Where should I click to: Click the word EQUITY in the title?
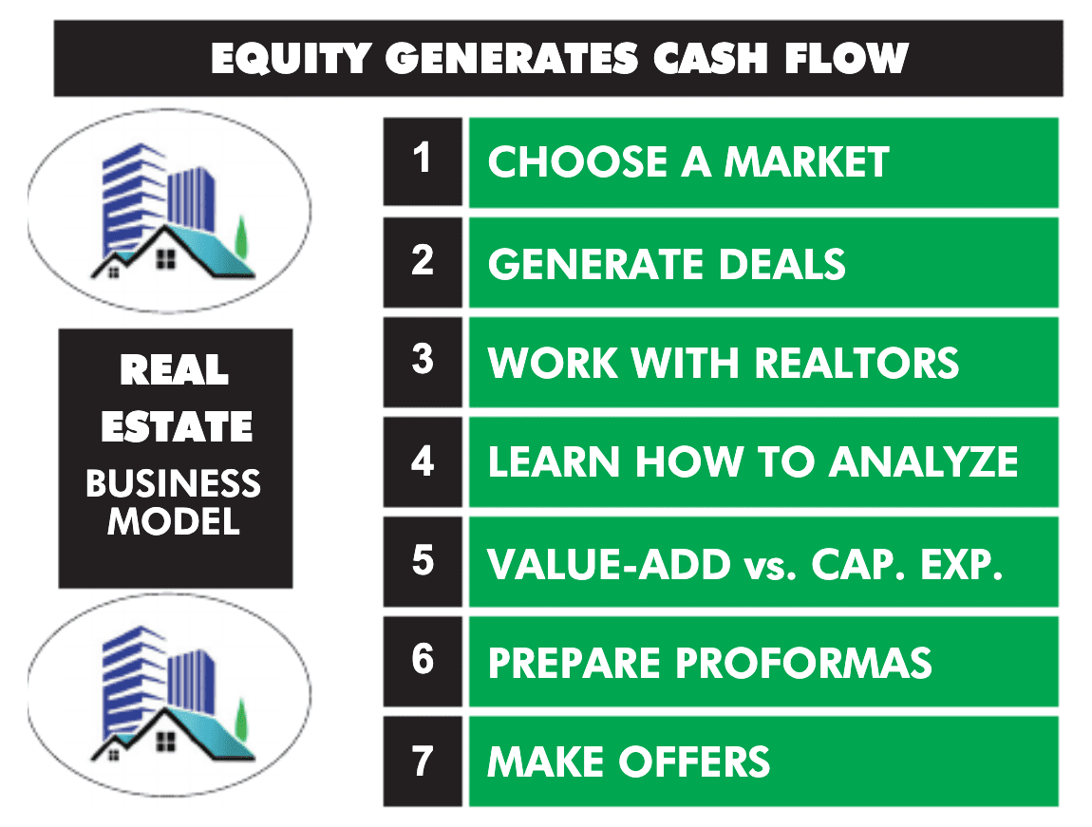coord(291,58)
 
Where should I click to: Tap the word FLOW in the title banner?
coord(846,58)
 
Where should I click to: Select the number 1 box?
coord(423,161)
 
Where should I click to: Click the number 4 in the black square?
coord(423,461)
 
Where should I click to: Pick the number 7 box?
coord(423,761)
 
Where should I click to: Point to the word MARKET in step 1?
coord(806,162)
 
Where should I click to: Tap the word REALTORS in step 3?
coord(857,363)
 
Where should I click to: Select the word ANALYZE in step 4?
coord(924,461)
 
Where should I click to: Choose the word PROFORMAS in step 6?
coord(803,662)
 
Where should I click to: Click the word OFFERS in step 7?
coord(694,761)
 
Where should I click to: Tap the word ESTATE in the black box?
coord(177,426)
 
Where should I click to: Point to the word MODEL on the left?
coord(174,521)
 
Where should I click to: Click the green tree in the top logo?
coord(241,236)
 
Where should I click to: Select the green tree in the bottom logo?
coord(241,719)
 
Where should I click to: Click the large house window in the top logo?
coord(166,259)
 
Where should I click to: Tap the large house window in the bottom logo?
coord(166,742)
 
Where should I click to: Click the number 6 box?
coord(423,661)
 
